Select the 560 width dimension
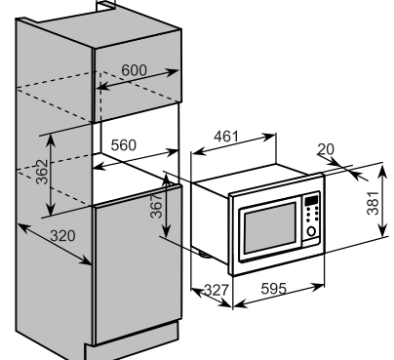coord(123,144)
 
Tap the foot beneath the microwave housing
coord(204,257)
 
